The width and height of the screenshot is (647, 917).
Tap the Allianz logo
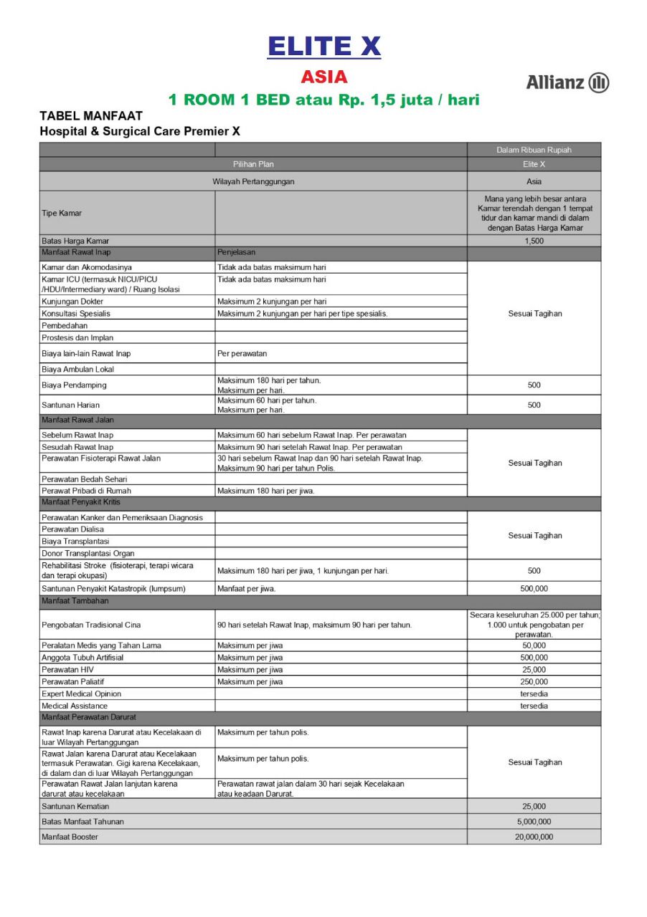click(567, 83)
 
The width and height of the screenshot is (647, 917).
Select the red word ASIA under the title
click(323, 77)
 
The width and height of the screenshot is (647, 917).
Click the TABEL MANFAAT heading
click(91, 116)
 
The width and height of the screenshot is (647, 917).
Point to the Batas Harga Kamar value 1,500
click(534, 240)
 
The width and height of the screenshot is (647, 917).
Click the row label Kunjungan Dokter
click(72, 302)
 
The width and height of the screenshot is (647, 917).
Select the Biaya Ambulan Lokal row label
click(77, 369)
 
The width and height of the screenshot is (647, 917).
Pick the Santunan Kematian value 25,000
click(534, 807)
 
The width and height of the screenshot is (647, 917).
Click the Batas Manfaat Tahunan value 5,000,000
click(534, 822)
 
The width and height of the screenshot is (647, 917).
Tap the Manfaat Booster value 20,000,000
click(534, 837)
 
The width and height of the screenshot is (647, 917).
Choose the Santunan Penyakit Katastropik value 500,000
click(534, 588)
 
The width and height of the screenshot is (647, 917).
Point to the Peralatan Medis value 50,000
click(534, 645)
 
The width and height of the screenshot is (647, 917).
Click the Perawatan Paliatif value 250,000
click(534, 682)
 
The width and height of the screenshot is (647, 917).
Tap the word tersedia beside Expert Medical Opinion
click(534, 694)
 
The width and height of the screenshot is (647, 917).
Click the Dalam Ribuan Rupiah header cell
click(534, 150)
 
